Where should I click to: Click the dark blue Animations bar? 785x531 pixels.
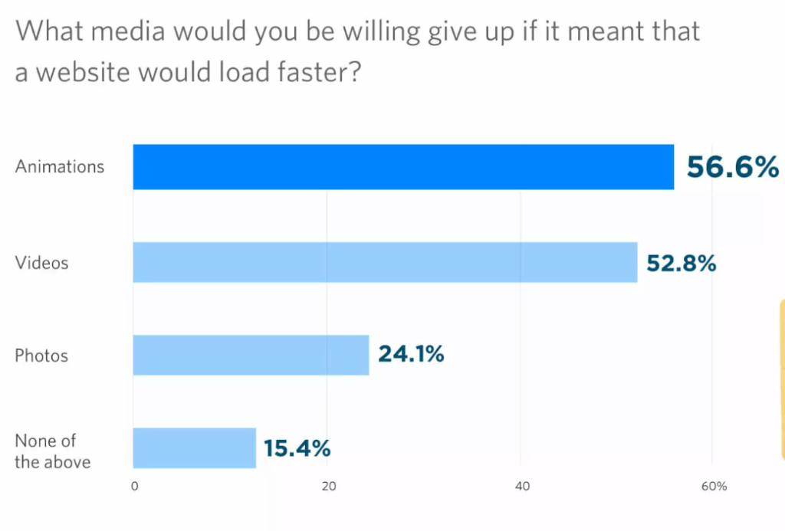tap(403, 167)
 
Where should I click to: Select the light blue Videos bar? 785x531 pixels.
tap(385, 263)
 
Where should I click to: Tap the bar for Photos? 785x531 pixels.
tap(251, 356)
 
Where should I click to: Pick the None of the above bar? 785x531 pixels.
tap(194, 447)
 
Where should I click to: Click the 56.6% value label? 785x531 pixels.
tap(732, 167)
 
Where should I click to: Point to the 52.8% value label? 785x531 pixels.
tap(681, 263)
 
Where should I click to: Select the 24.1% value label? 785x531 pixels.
tap(411, 355)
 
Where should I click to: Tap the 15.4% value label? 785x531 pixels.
tap(297, 447)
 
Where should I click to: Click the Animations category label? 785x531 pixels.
tap(60, 166)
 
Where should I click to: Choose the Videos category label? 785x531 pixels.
tap(42, 263)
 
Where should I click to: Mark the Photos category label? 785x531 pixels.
tap(42, 356)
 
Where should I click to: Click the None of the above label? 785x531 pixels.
tap(53, 451)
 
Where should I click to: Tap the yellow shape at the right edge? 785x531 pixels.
tap(781, 379)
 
